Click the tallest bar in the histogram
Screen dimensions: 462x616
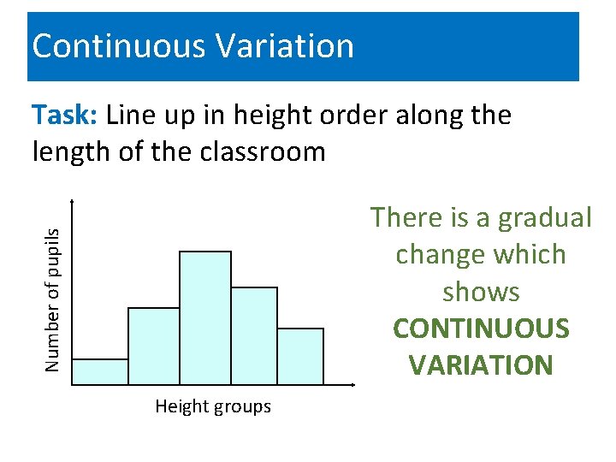tap(205, 317)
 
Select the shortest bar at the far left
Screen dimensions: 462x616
tap(100, 371)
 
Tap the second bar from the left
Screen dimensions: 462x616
tap(154, 346)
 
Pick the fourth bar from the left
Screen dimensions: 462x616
tap(254, 335)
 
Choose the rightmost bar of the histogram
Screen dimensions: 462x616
tap(300, 356)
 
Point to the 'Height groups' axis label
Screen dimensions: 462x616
tap(213, 407)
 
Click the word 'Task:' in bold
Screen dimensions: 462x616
tap(66, 115)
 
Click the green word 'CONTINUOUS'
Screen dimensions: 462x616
tap(481, 329)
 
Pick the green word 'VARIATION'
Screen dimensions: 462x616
tap(481, 365)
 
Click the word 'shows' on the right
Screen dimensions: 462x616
tap(481, 292)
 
